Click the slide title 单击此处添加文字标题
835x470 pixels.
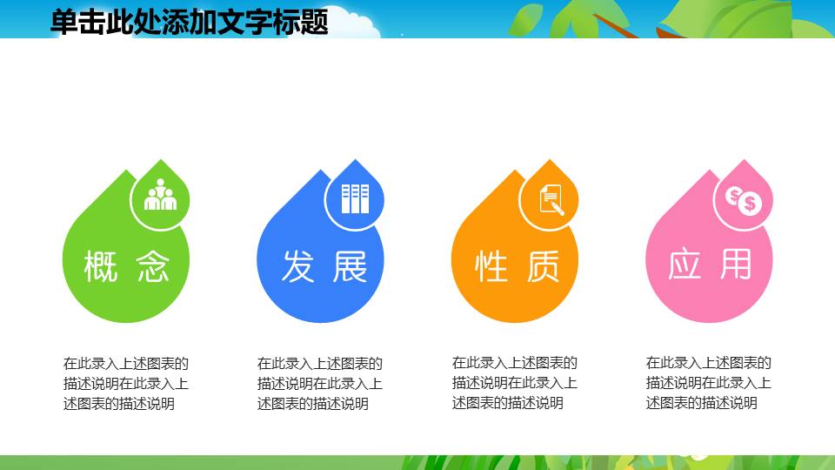(189, 21)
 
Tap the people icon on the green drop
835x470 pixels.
(160, 196)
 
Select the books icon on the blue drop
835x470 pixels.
(355, 198)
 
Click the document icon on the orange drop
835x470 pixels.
(550, 198)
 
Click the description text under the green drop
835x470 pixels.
(125, 383)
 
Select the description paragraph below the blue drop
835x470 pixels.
(319, 383)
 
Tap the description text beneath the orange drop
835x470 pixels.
(514, 383)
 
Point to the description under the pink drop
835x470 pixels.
(708, 383)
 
